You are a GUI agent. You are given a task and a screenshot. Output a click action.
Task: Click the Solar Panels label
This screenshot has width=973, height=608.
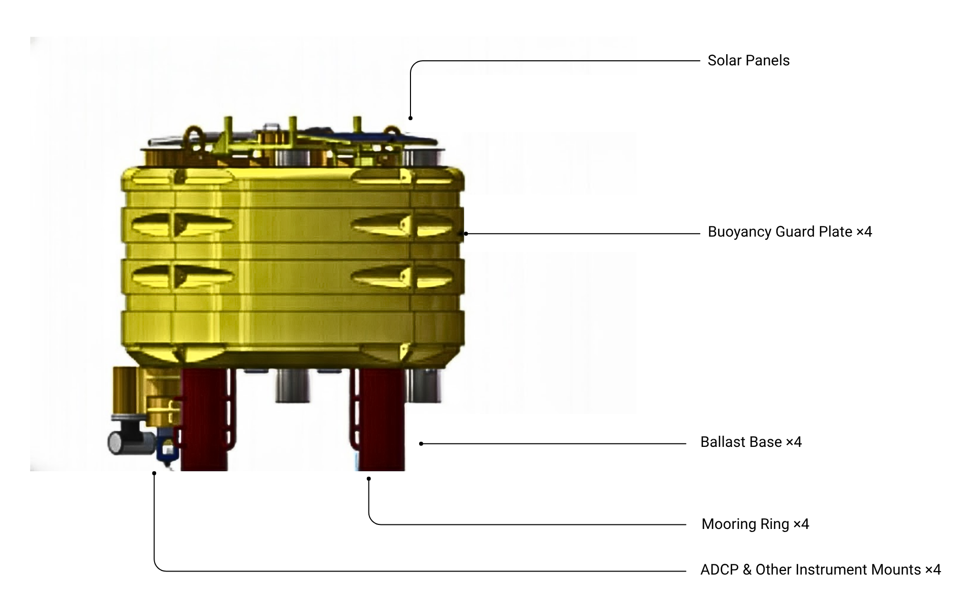point(748,61)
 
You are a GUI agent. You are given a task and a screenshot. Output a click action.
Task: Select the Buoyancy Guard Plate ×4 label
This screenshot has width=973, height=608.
point(790,232)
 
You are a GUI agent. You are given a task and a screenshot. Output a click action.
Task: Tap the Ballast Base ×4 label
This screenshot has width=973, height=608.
point(751,442)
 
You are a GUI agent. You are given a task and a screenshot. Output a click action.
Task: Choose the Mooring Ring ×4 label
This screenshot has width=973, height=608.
point(755,524)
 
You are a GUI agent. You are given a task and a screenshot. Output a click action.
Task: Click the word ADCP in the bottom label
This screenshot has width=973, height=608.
point(719,570)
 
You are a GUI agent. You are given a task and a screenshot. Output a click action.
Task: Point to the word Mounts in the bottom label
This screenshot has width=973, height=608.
point(895,570)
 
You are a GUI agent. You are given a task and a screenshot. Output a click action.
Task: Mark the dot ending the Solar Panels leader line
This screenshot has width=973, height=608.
point(410,118)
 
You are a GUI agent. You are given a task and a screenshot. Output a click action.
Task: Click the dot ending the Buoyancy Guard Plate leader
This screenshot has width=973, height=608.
point(466,234)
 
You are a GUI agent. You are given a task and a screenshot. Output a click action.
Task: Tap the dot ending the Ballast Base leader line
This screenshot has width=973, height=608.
point(421,444)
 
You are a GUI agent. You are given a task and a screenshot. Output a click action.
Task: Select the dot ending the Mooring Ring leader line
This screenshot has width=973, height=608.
point(369,479)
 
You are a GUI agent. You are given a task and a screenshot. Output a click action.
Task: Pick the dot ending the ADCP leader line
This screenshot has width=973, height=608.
point(155,473)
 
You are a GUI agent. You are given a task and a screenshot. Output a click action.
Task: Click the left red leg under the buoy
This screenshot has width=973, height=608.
point(205,421)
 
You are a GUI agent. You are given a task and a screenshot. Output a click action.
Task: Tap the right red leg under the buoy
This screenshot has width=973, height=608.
point(382,421)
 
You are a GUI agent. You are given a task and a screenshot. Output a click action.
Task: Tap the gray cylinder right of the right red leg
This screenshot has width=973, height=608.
point(425,386)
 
